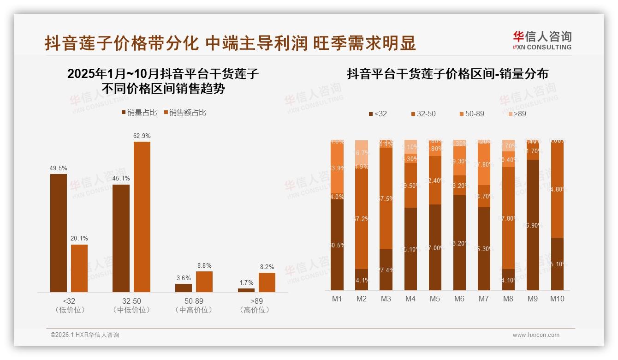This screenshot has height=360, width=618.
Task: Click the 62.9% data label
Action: (142, 136)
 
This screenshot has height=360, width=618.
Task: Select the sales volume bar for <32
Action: (59, 233)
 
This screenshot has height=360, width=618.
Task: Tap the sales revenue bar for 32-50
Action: (142, 216)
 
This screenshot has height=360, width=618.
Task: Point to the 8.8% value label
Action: (204, 266)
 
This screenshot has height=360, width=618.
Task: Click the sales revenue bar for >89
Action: (267, 282)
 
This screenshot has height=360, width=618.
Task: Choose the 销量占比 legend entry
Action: (139, 112)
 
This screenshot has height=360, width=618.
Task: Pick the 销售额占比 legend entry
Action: (185, 112)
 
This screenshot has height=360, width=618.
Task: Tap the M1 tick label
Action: (337, 299)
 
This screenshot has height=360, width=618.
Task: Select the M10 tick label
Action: (557, 299)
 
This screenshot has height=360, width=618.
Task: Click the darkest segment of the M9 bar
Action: (532, 224)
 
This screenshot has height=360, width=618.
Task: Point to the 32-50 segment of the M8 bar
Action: (508, 217)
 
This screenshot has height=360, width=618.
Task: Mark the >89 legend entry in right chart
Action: (517, 114)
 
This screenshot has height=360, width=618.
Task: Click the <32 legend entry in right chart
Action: (378, 114)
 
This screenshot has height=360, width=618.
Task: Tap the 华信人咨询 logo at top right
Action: (542, 40)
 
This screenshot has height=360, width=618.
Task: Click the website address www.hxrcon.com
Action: (536, 335)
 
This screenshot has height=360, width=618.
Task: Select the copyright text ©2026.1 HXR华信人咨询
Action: (85, 335)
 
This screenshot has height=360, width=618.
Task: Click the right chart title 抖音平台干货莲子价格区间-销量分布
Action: (447, 74)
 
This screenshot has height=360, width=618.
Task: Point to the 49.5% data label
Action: (59, 168)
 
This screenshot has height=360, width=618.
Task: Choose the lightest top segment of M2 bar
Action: (362, 152)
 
